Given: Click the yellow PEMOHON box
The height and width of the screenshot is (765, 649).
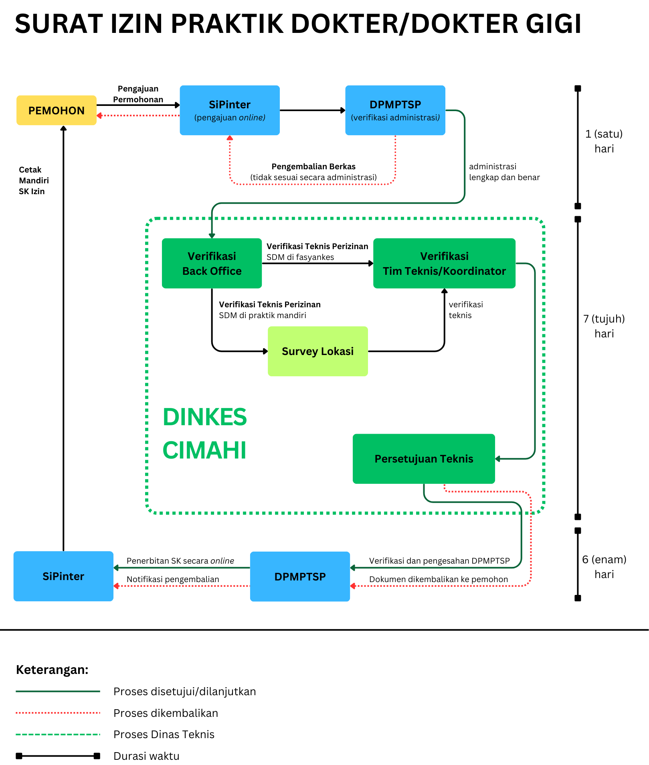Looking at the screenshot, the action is [57, 110].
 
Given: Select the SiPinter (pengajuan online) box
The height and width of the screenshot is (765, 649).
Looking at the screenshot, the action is [230, 110].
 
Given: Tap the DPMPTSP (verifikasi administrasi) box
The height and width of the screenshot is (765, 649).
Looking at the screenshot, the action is [395, 110].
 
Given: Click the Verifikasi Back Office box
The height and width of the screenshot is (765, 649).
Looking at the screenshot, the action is [212, 263].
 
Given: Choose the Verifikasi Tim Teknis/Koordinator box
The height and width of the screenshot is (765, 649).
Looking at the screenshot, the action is [444, 263].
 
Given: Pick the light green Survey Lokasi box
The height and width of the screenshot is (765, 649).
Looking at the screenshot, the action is [318, 351].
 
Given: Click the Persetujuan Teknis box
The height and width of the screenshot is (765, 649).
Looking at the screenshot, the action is [424, 459].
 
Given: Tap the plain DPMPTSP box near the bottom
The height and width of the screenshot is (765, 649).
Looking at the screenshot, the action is [300, 576].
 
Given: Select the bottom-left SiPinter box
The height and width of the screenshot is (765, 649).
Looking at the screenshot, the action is [63, 576].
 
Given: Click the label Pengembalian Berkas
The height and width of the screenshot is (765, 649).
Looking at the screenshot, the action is [313, 166].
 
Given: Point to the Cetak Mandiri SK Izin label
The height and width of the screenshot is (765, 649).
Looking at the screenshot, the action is [34, 181].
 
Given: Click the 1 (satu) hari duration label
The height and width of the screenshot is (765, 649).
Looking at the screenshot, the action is [604, 141].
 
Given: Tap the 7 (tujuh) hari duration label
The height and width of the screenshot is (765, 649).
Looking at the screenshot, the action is [604, 326].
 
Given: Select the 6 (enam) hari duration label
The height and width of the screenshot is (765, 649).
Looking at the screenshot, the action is [604, 567].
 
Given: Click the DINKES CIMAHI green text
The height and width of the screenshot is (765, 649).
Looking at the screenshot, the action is [205, 433].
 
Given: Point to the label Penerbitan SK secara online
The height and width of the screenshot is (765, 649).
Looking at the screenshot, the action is [180, 561].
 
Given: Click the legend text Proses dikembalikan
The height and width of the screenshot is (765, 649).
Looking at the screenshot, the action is [166, 713].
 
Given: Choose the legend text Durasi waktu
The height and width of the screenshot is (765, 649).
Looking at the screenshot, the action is [146, 756].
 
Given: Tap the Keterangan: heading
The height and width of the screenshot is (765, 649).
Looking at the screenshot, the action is [52, 670].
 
